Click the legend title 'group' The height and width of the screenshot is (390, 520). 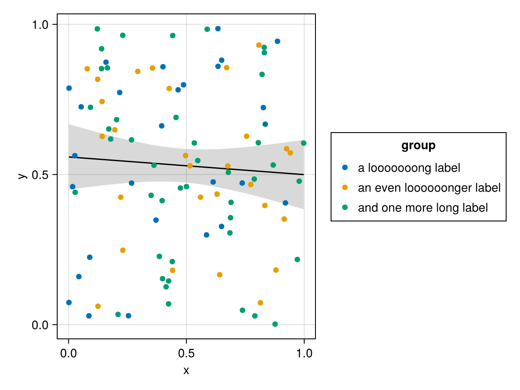point(418,146)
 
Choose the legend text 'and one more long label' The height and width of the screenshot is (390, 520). point(422,208)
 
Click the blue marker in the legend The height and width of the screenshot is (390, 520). point(345,167)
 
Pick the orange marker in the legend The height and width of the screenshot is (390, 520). point(345,187)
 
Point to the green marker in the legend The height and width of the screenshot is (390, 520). point(345,207)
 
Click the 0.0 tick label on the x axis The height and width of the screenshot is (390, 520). point(68,353)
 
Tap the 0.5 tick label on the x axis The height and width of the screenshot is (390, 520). point(186,353)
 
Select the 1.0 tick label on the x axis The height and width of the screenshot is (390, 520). point(304,353)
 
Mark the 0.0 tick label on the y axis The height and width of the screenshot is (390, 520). point(41,325)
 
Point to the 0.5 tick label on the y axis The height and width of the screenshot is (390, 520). point(41,175)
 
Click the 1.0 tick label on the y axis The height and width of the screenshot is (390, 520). point(41,25)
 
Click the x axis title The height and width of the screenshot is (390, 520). point(186,371)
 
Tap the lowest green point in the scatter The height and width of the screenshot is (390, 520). point(275,324)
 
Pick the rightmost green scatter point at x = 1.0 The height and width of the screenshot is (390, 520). point(303,143)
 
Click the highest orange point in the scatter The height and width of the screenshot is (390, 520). point(259,45)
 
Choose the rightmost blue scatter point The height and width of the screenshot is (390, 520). point(285,203)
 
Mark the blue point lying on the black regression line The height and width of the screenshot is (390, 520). point(75,156)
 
